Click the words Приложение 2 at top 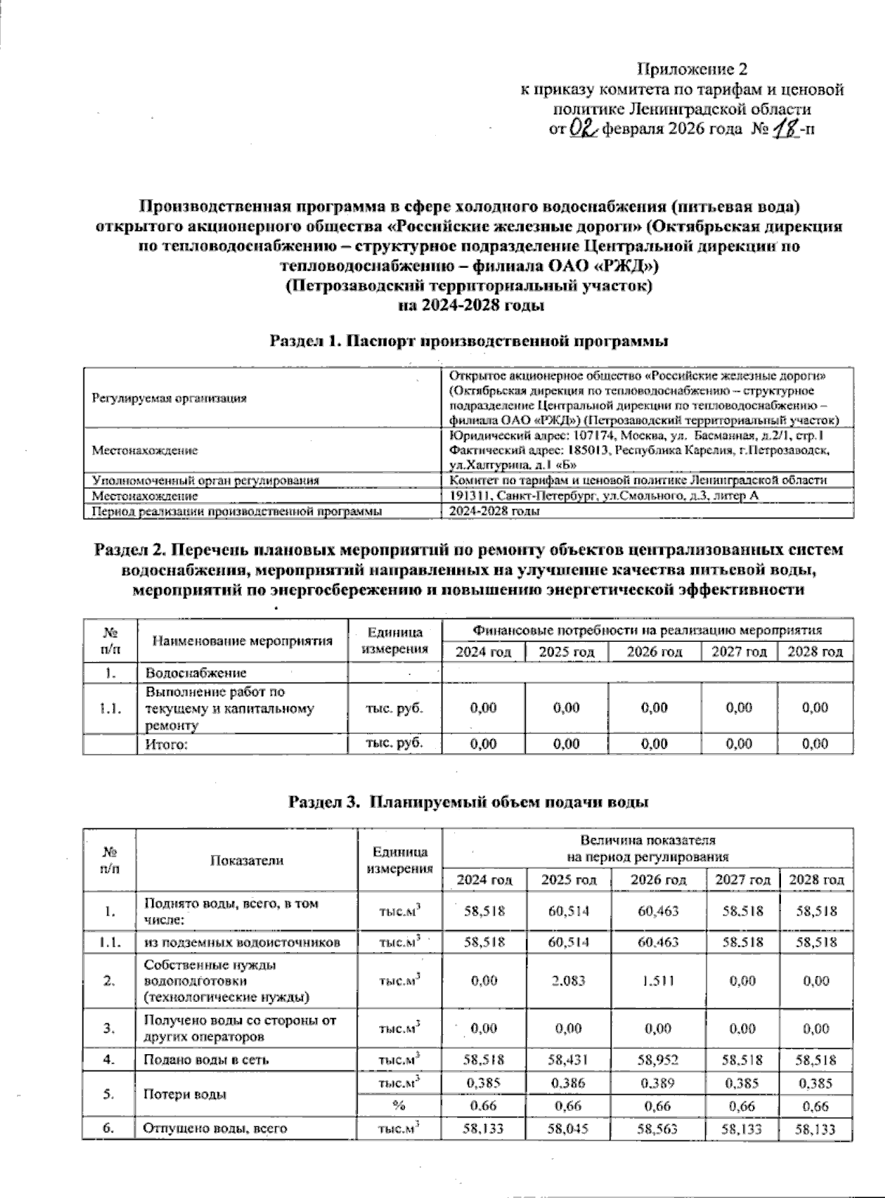pos(692,70)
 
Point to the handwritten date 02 pos(582,129)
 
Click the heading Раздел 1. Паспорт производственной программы pos(469,342)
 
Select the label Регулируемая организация pos(169,398)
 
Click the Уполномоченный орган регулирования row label pos(205,480)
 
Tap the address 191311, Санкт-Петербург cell pos(603,496)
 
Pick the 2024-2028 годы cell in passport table pos(494,510)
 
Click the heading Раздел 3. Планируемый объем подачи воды pos(469,801)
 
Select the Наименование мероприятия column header pos(243,640)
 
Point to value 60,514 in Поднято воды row pos(569,911)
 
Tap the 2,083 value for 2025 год pos(569,981)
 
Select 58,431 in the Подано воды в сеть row pos(569,1060)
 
